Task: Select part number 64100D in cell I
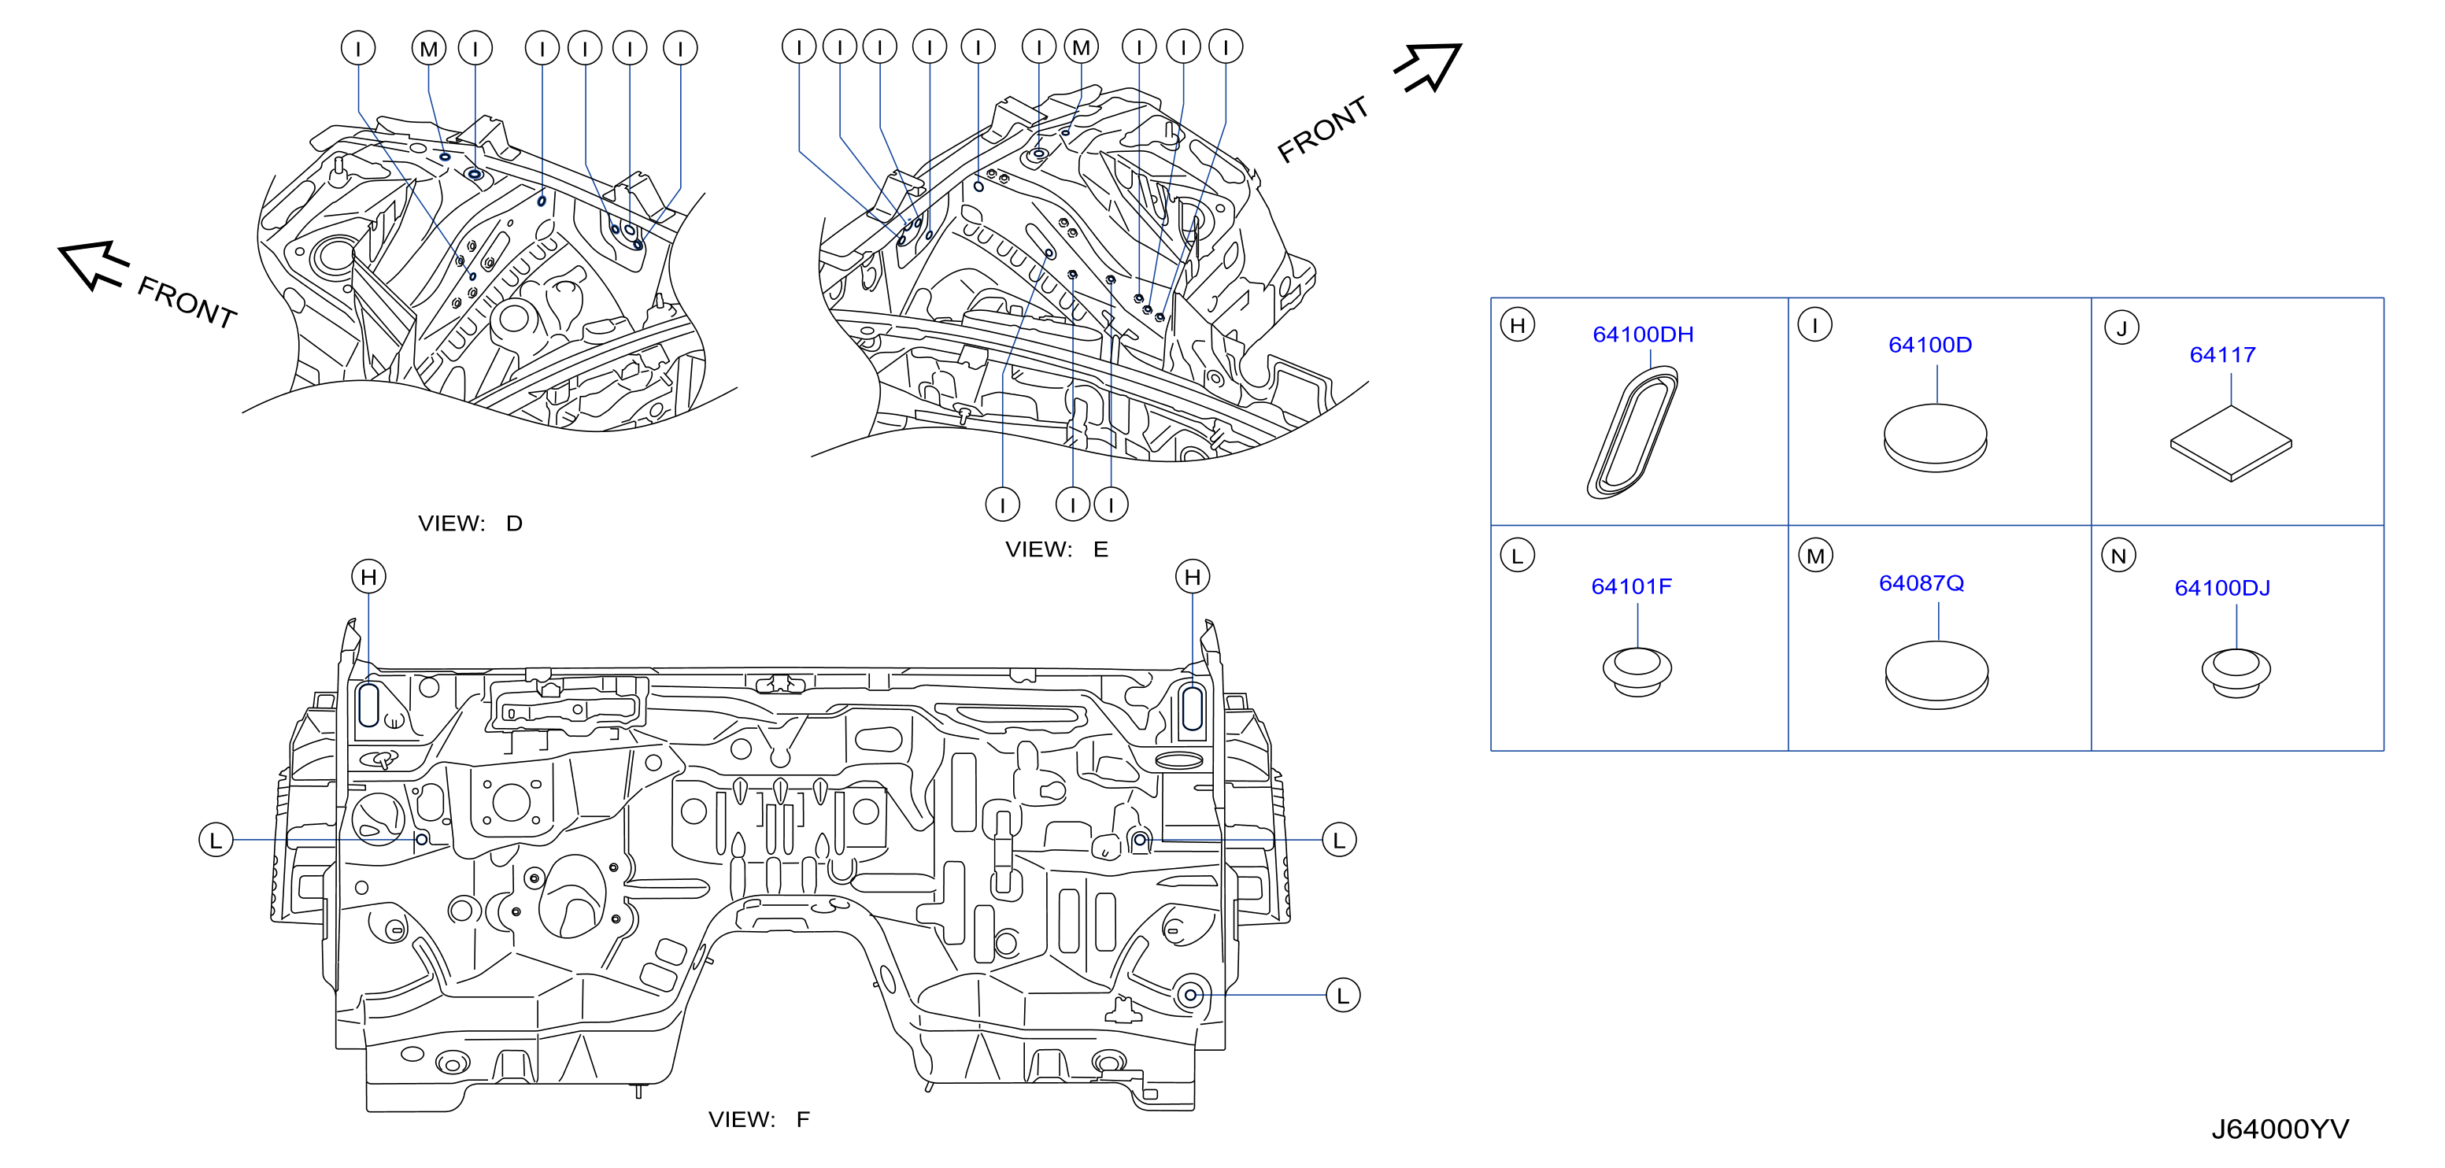click(x=1929, y=345)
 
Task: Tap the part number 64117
click(x=2222, y=355)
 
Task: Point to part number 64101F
click(x=1630, y=586)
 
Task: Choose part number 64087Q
click(x=1921, y=582)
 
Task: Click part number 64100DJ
click(x=2222, y=588)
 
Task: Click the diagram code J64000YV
click(x=2280, y=1129)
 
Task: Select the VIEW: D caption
click(x=471, y=523)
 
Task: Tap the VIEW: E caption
click(x=1056, y=549)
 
